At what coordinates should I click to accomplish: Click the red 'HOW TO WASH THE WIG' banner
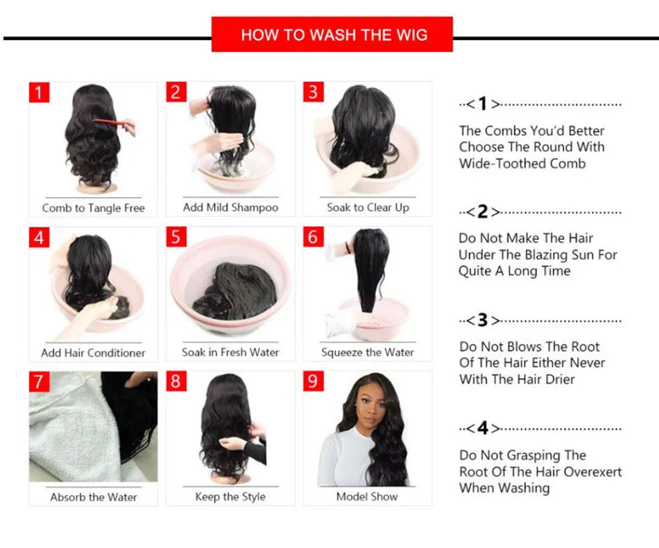tap(332, 35)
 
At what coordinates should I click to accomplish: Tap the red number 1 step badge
tap(39, 92)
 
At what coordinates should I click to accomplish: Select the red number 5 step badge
tap(176, 237)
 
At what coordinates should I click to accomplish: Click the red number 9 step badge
tap(314, 381)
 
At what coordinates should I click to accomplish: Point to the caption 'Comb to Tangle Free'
tap(93, 207)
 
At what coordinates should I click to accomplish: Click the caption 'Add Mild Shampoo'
tap(230, 207)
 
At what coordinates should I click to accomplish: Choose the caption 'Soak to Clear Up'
tap(368, 207)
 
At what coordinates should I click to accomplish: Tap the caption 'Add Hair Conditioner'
tap(93, 352)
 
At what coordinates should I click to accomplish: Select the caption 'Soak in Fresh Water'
tap(230, 352)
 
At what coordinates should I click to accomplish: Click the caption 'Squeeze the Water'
tap(368, 352)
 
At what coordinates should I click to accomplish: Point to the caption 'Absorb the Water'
tap(93, 497)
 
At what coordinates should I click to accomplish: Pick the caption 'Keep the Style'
tap(230, 496)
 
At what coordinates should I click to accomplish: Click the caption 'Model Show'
tap(367, 496)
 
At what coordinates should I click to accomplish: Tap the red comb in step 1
tap(109, 123)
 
